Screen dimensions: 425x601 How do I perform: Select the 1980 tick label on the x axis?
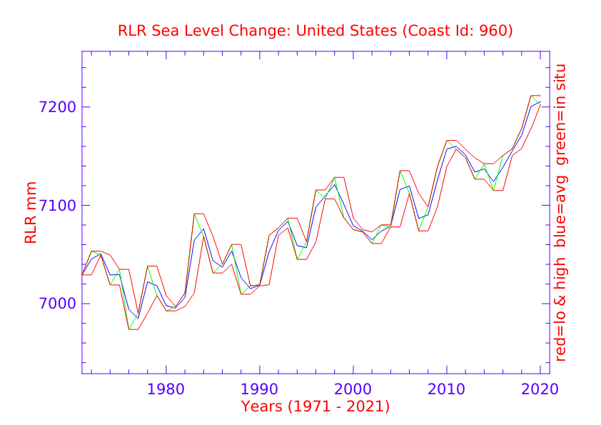pos(166,390)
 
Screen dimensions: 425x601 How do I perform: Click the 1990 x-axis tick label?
pos(260,390)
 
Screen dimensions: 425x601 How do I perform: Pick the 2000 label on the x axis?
pos(353,390)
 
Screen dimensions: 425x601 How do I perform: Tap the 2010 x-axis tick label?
pos(447,390)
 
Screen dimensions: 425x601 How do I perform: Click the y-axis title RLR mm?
pos(31,220)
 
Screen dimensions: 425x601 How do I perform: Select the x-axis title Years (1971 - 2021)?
pos(315,407)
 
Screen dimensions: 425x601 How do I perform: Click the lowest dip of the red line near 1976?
pos(133,329)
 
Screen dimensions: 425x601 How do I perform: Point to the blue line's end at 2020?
pos(540,103)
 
